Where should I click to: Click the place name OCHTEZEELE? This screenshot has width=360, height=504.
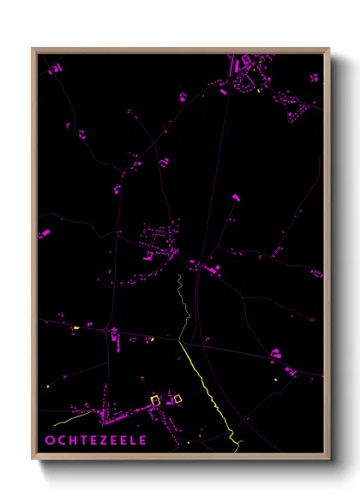coord(96,441)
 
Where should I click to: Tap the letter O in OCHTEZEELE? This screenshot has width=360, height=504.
coord(51,441)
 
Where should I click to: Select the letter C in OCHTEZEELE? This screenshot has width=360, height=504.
coord(62,441)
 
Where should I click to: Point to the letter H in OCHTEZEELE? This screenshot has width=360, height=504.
coord(73,441)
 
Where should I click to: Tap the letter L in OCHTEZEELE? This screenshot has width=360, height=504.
coord(134,441)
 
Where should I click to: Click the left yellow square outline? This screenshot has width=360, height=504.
coord(156,399)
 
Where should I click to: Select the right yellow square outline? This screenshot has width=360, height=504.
coord(178,398)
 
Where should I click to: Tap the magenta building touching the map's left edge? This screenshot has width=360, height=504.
coord(43,233)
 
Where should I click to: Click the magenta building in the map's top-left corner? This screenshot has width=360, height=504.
coord(52,68)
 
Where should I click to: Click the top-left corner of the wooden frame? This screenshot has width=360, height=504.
coord(33,48)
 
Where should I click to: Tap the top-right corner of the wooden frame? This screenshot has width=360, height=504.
coord(328,48)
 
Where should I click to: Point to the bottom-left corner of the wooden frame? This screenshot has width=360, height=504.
coord(33,459)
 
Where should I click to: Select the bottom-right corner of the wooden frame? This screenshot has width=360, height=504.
coord(328,459)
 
